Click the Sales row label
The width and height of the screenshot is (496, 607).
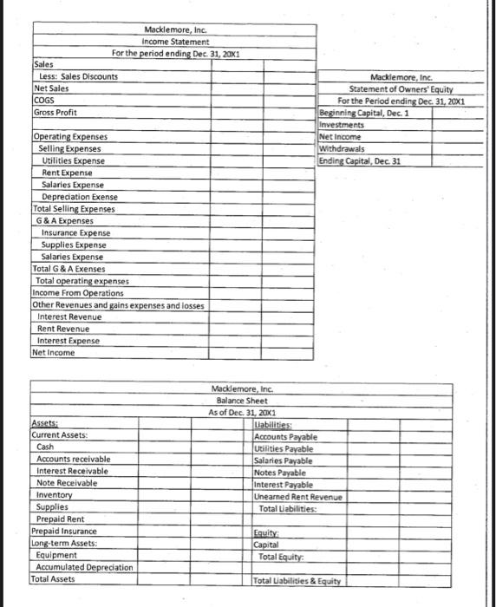42,64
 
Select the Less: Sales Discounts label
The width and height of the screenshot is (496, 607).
79,76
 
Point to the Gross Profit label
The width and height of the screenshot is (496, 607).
55,113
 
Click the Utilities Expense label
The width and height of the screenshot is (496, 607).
74,161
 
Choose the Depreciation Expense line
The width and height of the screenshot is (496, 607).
80,197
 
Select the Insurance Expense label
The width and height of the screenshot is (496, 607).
76,233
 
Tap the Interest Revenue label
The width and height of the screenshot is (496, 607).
70,317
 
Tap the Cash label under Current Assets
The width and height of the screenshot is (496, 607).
45,447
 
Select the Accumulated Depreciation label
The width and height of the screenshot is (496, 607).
84,566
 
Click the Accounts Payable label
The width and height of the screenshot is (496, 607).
285,436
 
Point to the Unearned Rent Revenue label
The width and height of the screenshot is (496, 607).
299,497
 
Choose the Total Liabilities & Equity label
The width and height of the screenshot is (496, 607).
297,580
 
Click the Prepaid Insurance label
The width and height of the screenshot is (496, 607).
64,530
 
